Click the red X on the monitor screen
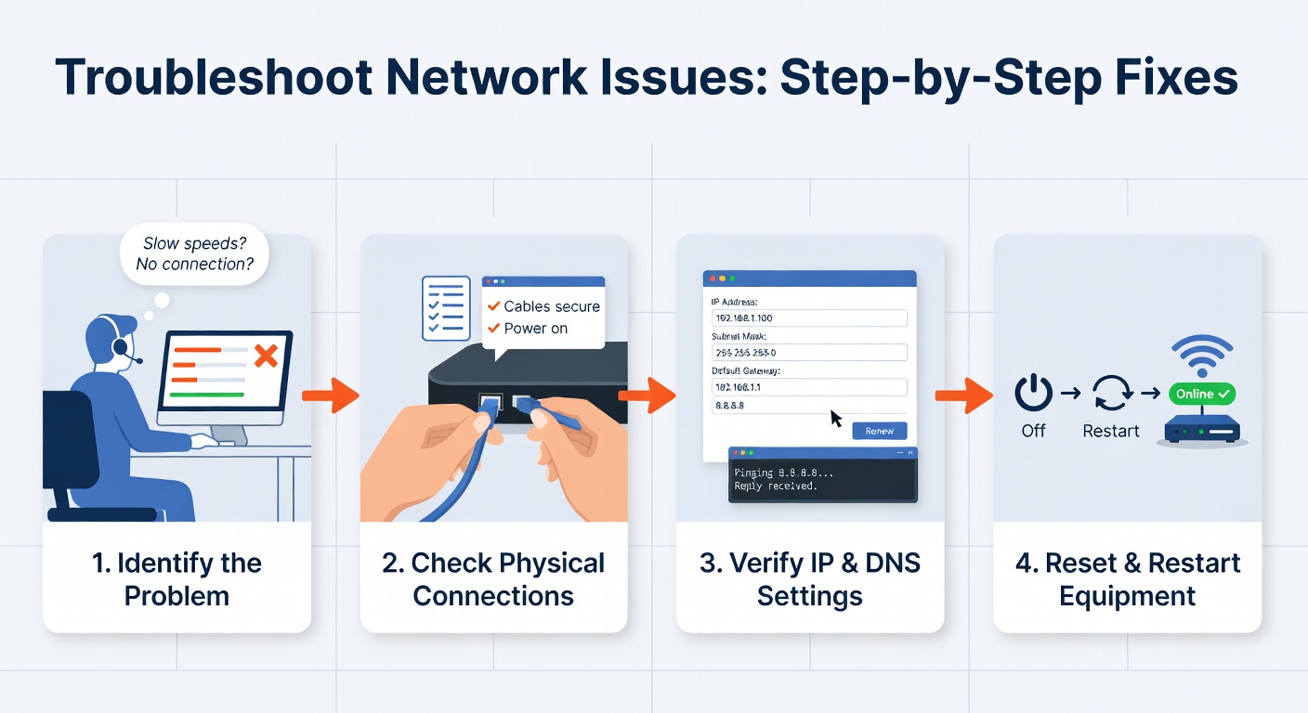click(266, 356)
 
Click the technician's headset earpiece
click(120, 347)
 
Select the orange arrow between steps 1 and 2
click(330, 395)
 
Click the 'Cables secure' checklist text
click(552, 306)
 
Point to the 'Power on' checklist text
click(535, 329)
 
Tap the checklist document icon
click(444, 307)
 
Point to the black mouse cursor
click(836, 419)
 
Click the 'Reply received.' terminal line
click(775, 486)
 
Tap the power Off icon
click(1033, 394)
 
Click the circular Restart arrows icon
click(1110, 394)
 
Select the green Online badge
click(1203, 394)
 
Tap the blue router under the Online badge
click(1202, 429)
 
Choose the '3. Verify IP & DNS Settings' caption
click(809, 579)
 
